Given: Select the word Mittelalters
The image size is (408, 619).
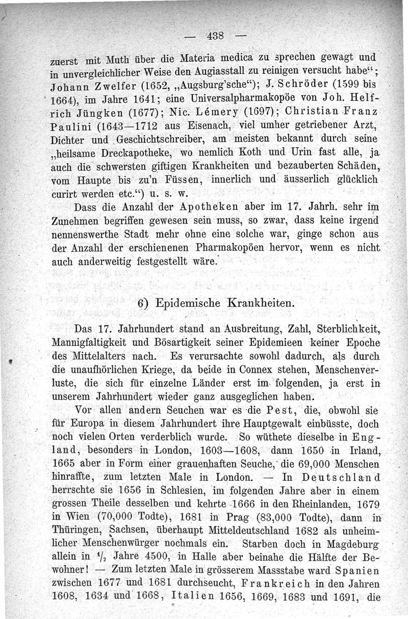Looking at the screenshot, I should point(105,354).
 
